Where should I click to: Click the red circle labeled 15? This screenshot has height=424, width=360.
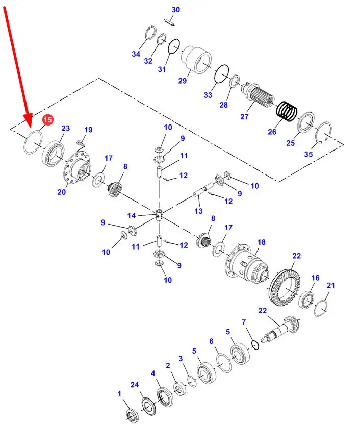point(47,120)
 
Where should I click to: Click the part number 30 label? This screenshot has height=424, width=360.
point(175,10)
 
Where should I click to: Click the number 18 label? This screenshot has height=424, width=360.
point(261,242)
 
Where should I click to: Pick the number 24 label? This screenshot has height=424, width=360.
point(135,384)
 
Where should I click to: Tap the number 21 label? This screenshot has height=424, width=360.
point(331,285)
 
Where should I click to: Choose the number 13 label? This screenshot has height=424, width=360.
point(198,211)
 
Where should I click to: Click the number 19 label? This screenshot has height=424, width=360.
point(88,130)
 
